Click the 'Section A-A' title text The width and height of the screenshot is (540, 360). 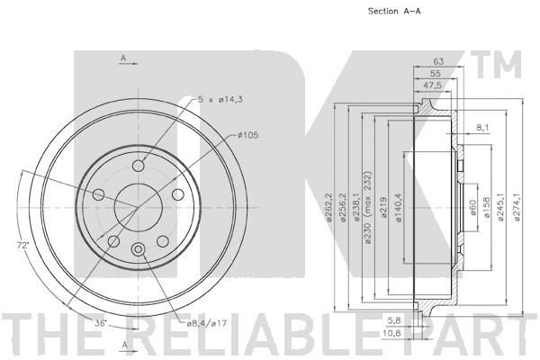click(x=394, y=11)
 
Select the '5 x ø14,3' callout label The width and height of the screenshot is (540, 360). click(x=220, y=100)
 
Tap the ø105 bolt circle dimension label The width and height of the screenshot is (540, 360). click(x=248, y=135)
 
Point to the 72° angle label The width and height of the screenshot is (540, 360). click(x=23, y=246)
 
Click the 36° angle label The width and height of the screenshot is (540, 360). click(x=101, y=323)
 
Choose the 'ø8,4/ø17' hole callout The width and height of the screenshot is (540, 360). click(x=207, y=323)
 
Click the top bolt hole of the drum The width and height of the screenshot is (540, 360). click(x=139, y=166)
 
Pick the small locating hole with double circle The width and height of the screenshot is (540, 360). click(x=139, y=249)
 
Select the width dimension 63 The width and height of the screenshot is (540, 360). click(x=438, y=61)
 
